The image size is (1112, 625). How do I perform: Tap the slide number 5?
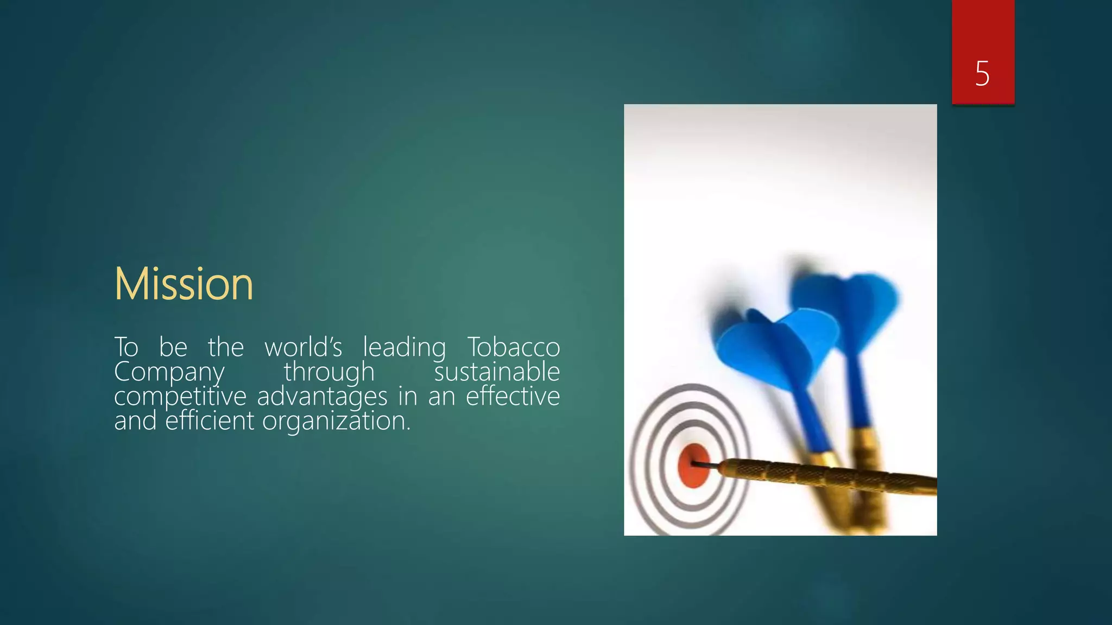[x=982, y=73]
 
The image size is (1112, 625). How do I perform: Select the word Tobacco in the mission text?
[x=513, y=347]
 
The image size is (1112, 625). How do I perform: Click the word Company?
[x=169, y=373]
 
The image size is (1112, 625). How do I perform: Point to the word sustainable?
[x=497, y=372]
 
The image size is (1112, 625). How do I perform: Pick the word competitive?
[x=180, y=397]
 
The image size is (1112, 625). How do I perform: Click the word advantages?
[x=322, y=397]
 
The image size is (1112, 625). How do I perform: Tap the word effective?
[x=513, y=396]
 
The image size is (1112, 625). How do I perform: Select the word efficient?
[x=209, y=420]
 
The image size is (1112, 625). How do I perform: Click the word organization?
[x=336, y=421]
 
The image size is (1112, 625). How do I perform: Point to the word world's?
[x=303, y=347]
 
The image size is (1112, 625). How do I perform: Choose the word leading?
[x=404, y=348]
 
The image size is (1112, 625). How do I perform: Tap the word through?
[x=329, y=373]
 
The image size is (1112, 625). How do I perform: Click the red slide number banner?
[x=983, y=52]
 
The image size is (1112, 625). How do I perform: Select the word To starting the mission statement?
[x=126, y=347]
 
